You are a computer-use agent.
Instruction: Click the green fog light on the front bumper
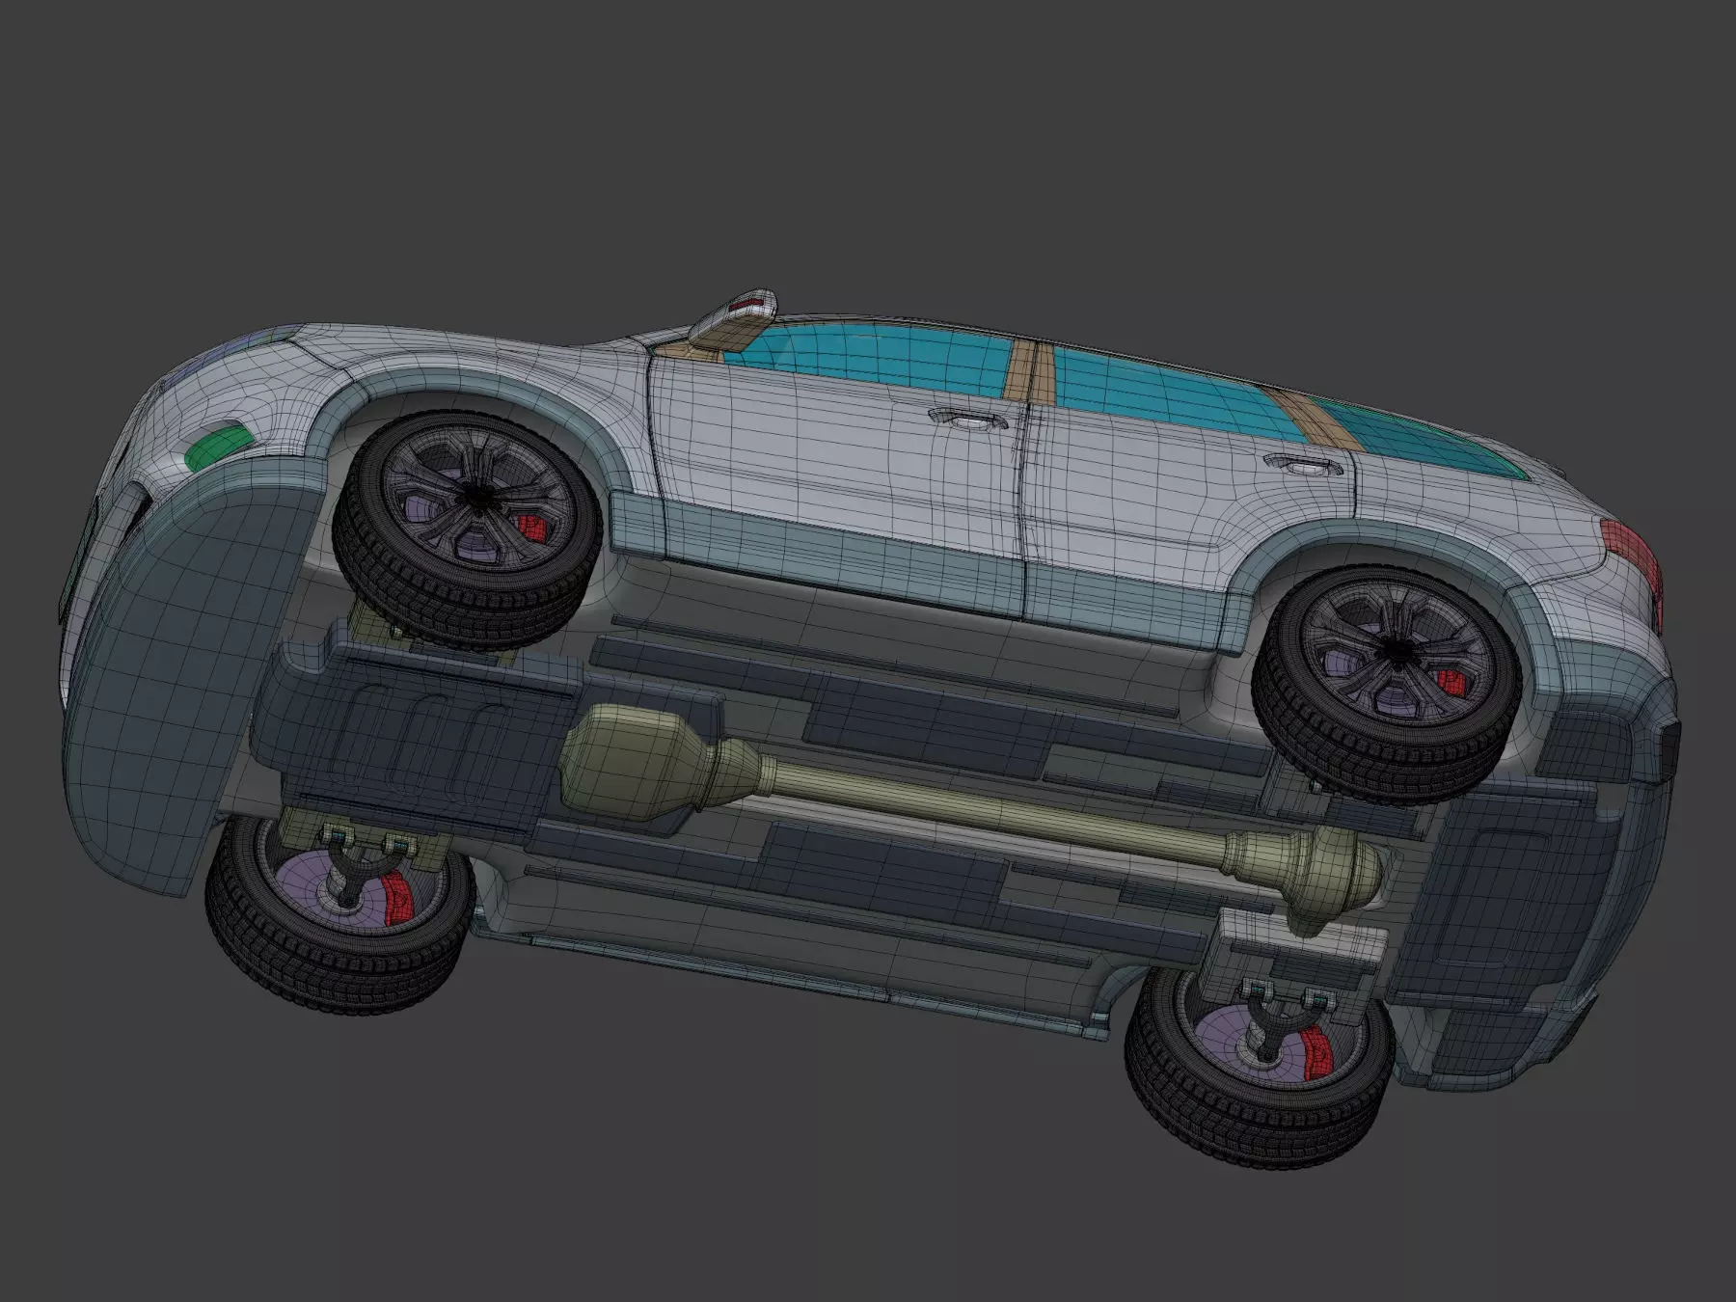click(215, 449)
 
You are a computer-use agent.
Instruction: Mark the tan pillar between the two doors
click(1026, 371)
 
